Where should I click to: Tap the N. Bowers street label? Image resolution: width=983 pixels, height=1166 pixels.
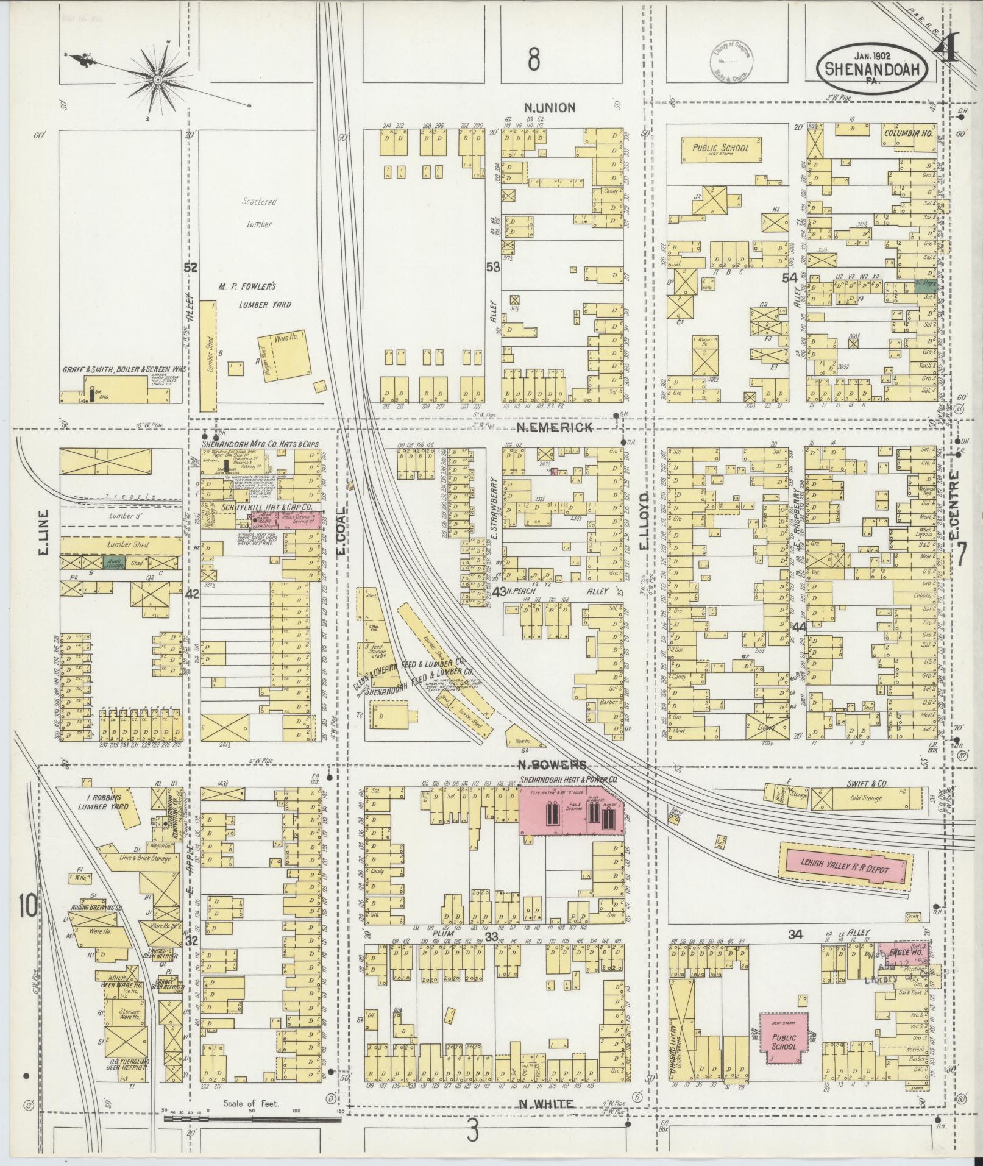[553, 765]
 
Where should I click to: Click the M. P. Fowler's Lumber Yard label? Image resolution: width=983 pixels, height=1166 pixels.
[255, 295]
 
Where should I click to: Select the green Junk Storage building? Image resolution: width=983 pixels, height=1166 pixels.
[114, 563]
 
